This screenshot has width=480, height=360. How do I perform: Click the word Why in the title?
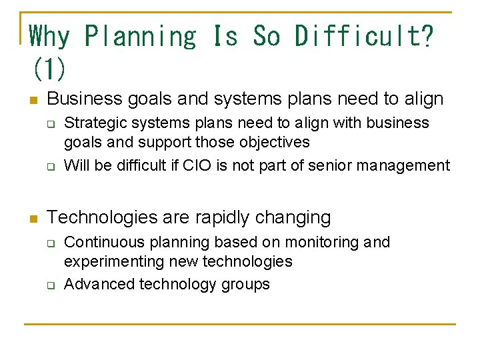49,36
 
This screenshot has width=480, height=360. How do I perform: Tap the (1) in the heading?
48,67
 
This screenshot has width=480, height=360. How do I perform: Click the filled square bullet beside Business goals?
33,101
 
